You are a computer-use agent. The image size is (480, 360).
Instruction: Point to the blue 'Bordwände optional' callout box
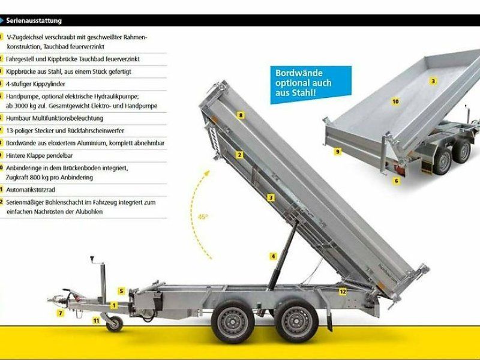click(303, 83)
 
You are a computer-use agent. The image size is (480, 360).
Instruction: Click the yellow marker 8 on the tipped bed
click(240, 115)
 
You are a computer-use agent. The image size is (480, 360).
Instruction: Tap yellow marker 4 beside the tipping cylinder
click(273, 256)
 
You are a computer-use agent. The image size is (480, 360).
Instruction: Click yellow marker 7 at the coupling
click(60, 313)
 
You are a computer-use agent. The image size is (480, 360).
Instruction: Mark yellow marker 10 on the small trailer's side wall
click(395, 101)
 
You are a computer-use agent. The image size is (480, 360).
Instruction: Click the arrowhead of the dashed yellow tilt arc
click(208, 172)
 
